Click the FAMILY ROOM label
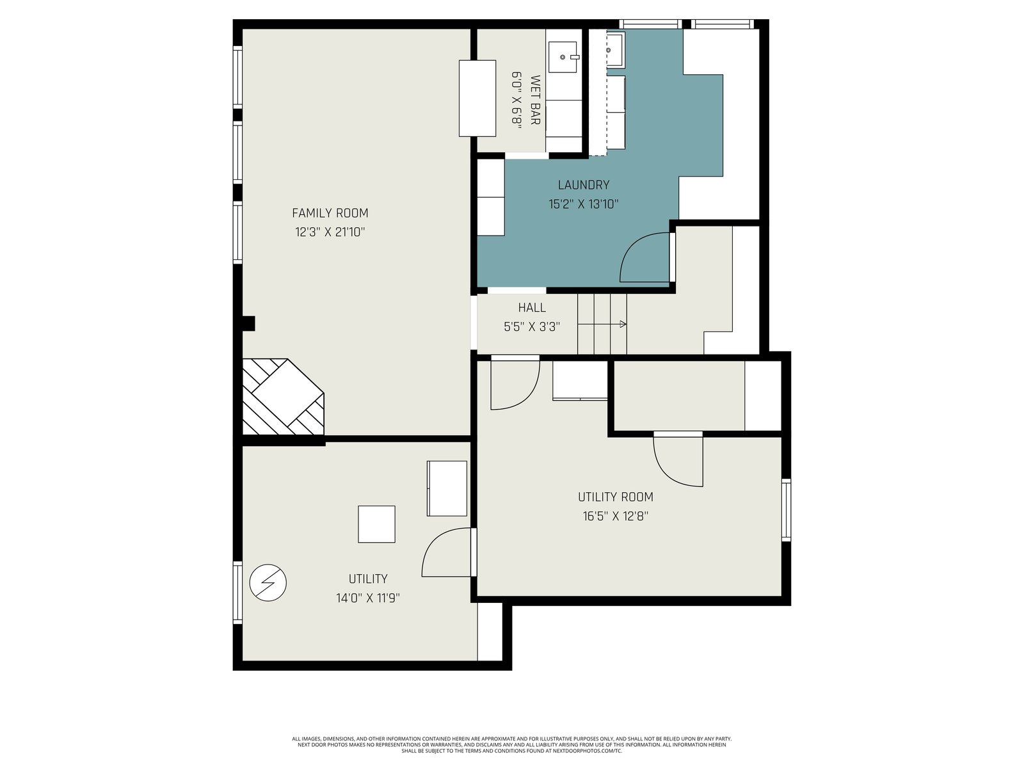pos(330,213)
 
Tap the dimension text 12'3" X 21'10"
pos(330,232)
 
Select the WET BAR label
pos(535,100)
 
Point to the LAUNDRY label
pos(584,185)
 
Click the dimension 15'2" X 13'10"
pos(584,204)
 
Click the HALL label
pos(532,308)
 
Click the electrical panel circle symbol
pos(268,583)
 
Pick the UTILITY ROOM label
pos(615,497)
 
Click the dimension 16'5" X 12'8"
pos(615,516)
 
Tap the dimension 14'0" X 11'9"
pos(368,598)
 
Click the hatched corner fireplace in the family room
pos(283,397)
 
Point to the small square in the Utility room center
pos(376,524)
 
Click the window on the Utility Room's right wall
pos(786,509)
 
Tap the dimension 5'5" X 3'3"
pos(532,326)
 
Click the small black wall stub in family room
pos(248,324)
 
